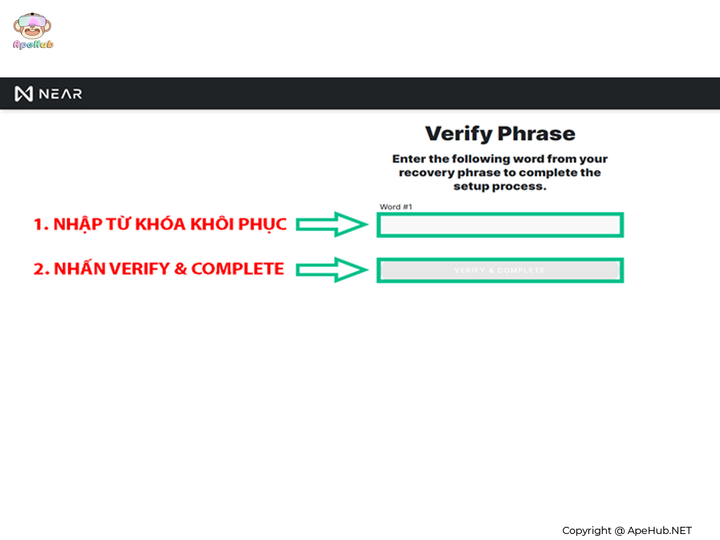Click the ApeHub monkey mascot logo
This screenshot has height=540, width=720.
[32, 31]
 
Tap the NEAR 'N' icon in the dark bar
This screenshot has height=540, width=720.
[23, 94]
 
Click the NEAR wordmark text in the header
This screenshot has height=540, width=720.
[61, 94]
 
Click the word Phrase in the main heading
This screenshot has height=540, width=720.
[536, 133]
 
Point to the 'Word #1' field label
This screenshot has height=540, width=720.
[395, 207]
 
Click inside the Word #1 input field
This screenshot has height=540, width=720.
[500, 225]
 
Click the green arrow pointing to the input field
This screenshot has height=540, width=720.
[332, 224]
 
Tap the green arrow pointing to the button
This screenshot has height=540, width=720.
[332, 270]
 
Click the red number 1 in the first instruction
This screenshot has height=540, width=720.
[39, 224]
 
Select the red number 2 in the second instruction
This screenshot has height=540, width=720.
[40, 269]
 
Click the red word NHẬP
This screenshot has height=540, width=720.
[78, 224]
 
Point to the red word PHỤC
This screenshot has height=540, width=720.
[262, 225]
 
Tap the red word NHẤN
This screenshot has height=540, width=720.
[80, 268]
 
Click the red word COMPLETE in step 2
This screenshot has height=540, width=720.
[238, 269]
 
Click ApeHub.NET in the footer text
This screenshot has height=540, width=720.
[659, 530]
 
